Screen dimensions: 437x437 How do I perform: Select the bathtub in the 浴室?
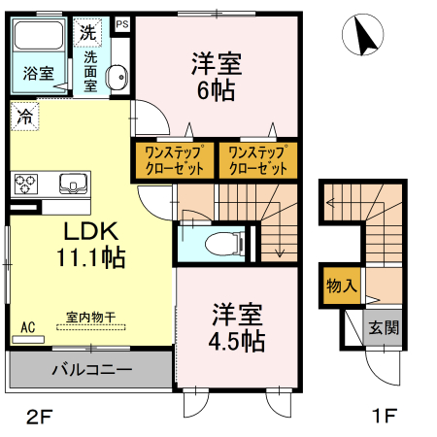(36, 42)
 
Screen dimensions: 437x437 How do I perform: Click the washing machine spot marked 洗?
(88, 31)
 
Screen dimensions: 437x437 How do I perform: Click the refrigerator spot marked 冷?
(23, 117)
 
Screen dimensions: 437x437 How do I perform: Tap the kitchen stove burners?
(25, 183)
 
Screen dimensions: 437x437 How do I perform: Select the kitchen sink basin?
(72, 183)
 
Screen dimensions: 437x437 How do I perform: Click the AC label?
(28, 327)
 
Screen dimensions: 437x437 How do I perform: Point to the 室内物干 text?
(91, 317)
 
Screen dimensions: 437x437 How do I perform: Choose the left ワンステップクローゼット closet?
(173, 160)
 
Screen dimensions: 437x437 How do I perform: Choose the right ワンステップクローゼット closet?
(257, 160)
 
